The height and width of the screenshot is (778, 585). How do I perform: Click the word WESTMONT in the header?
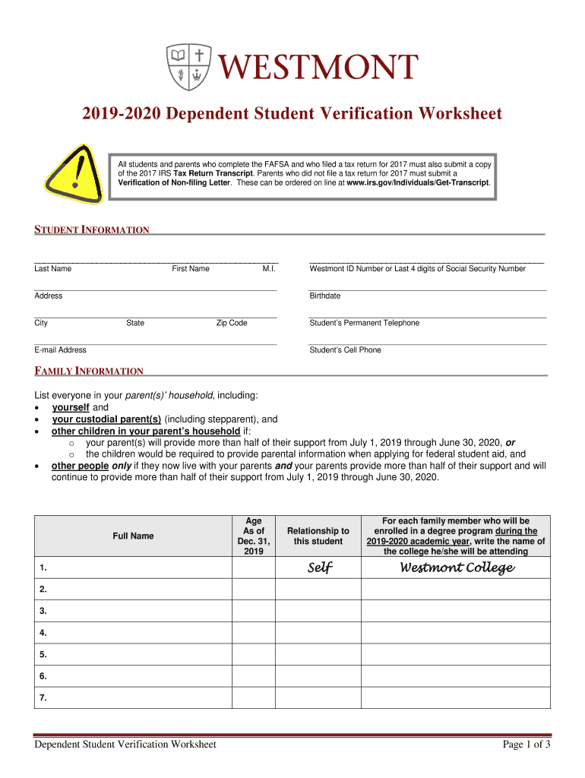pyautogui.click(x=319, y=67)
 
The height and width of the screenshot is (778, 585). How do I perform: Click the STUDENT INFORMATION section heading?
pyautogui.click(x=92, y=230)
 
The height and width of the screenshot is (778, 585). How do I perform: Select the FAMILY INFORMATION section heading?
pyautogui.click(x=89, y=372)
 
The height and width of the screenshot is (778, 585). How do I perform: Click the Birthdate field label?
pyautogui.click(x=325, y=296)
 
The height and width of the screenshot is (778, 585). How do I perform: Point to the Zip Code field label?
pyautogui.click(x=232, y=323)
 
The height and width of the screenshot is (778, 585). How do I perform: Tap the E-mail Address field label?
pyautogui.click(x=60, y=350)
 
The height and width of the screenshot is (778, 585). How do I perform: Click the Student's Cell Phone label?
pyautogui.click(x=346, y=350)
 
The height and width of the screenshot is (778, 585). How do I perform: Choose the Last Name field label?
pyautogui.click(x=52, y=269)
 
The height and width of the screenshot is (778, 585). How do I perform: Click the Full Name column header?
pyautogui.click(x=133, y=536)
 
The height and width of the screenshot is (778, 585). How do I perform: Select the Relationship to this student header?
pyautogui.click(x=318, y=536)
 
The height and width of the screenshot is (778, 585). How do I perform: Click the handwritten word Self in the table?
pyautogui.click(x=319, y=568)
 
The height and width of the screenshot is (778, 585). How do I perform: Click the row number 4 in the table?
pyautogui.click(x=43, y=633)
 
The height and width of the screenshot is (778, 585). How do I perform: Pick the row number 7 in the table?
pyautogui.click(x=43, y=697)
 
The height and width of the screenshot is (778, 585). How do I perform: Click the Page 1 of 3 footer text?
pyautogui.click(x=526, y=745)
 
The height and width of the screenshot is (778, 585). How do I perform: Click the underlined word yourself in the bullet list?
pyautogui.click(x=71, y=408)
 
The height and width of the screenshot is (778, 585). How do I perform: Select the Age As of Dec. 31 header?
pyautogui.click(x=253, y=536)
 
